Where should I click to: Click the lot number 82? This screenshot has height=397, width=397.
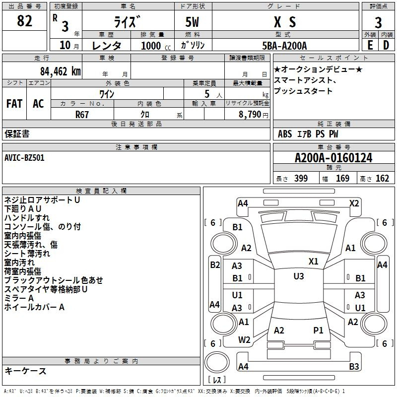(x=24, y=21)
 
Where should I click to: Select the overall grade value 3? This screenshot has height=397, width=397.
(x=378, y=23)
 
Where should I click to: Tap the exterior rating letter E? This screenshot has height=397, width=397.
(x=370, y=45)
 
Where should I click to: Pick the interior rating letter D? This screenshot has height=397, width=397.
(x=386, y=45)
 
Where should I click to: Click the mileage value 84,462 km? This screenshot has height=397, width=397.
(x=61, y=71)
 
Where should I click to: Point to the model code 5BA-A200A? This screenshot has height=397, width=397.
(x=284, y=46)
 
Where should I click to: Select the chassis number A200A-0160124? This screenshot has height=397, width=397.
(x=333, y=158)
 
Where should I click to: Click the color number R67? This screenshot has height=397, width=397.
(x=82, y=115)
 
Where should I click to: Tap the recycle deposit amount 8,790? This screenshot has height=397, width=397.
(x=250, y=115)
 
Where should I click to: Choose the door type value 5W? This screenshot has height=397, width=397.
(x=192, y=22)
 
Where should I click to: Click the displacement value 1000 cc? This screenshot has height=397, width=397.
(x=156, y=46)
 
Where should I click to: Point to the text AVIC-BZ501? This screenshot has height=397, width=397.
(x=24, y=158)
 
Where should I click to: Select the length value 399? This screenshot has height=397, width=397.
(x=301, y=178)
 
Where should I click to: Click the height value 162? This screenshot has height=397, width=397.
(x=382, y=178)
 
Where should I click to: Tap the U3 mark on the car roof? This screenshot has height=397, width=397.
(x=299, y=276)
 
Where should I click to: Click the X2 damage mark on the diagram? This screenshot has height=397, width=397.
(x=354, y=203)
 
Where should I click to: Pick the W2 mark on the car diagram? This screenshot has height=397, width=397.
(x=244, y=340)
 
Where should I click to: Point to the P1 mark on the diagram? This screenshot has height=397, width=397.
(x=318, y=330)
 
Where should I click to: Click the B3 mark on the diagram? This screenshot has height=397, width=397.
(x=354, y=366)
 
